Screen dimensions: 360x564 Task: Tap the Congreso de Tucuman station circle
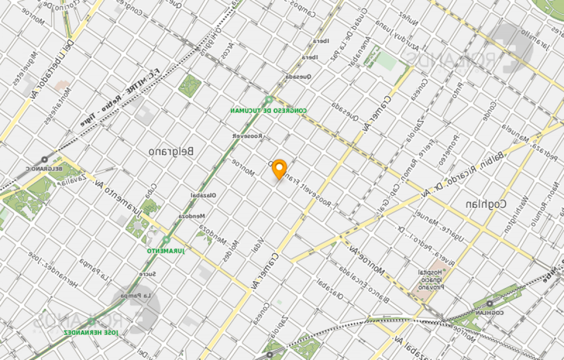[x=269, y=100]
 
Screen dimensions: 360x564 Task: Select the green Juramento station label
[x=166, y=251]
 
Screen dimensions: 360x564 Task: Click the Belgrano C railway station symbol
[x=45, y=160]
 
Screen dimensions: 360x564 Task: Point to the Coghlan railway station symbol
[x=490, y=304]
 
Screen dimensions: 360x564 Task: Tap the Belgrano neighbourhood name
[x=171, y=151]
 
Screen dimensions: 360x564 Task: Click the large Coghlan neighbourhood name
[x=486, y=204]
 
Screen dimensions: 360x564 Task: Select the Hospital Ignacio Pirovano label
[x=431, y=280]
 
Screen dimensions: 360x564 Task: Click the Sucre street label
[x=147, y=274]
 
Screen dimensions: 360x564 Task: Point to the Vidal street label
[x=258, y=246]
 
